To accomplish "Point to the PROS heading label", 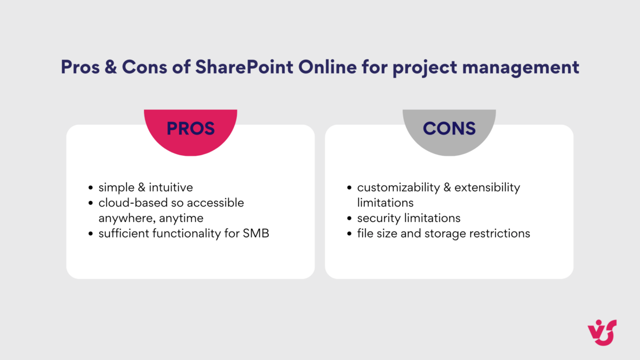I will tap(190, 129).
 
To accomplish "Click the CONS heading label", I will tap(449, 129).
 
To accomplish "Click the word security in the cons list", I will tap(377, 218).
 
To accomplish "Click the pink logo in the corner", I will tap(602, 332).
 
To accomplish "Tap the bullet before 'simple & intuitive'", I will tap(91, 188).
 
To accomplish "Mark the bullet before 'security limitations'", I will tap(349, 219).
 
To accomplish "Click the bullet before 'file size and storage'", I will tap(349, 234).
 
